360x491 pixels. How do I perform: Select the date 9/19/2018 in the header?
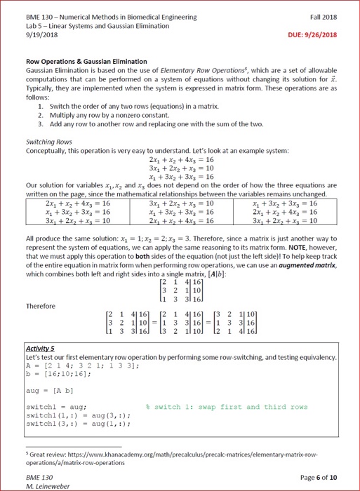coord(41,34)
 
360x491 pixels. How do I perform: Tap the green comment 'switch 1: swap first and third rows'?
coord(226,406)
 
